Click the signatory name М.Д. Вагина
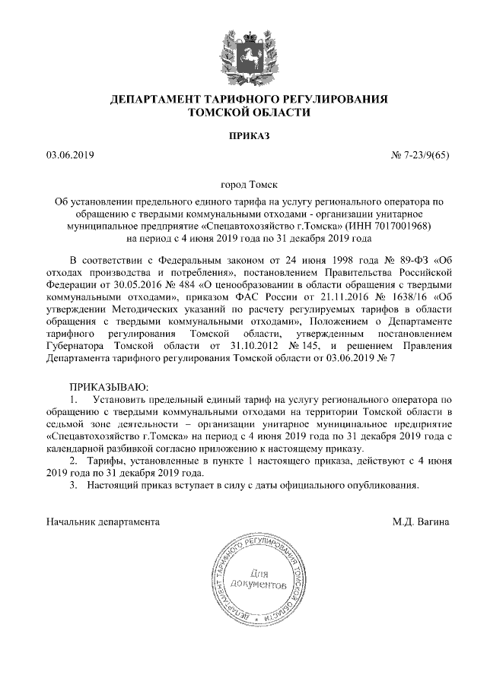pos(420,522)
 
